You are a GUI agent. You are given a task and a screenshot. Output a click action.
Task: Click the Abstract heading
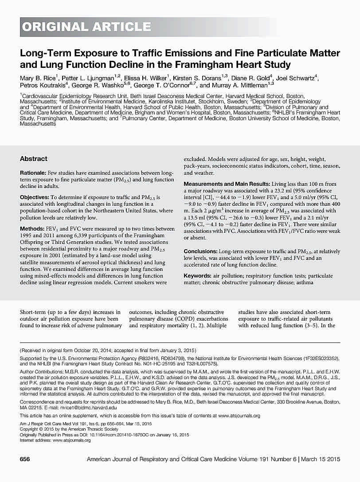point(34,159)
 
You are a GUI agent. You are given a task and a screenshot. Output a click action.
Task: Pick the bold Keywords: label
point(198,276)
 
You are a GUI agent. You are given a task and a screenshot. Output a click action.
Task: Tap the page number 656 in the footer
point(25,459)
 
